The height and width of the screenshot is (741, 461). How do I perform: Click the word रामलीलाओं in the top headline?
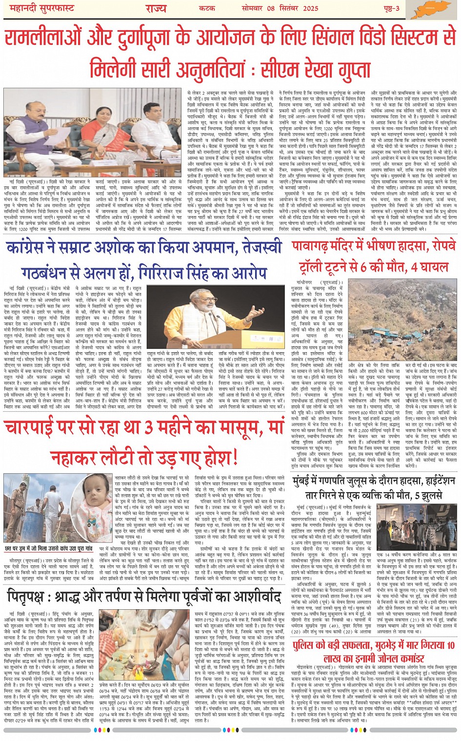pos(46,38)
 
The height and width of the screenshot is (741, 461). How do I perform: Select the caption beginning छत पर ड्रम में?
pos(57,548)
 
